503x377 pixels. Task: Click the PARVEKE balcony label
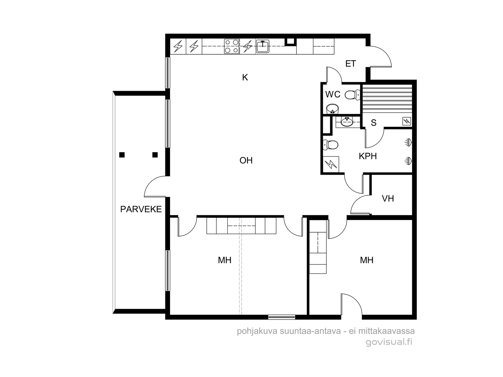pos(141,209)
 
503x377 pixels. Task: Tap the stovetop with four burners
pos(231,46)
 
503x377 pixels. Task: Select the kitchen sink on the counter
pos(263,46)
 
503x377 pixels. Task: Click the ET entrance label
pos(351,64)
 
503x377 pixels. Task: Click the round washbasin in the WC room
pos(332,109)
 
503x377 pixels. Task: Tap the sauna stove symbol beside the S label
pos(406,121)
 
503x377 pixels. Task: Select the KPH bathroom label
pos(368,156)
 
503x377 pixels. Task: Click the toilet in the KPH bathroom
pos(330,145)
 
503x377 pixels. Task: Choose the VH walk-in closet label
pos(388,199)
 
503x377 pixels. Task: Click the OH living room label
pos(246,161)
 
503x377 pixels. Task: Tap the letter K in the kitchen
pos(245,78)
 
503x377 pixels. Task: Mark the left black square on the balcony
pos(122,155)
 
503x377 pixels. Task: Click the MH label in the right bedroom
pos(367,260)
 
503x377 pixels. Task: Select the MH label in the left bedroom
pos(224,260)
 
